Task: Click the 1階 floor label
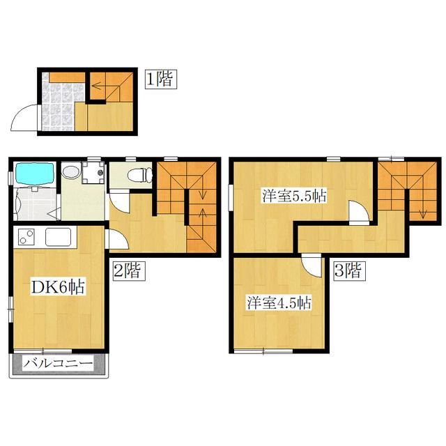pyautogui.click(x=161, y=79)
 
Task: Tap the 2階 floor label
pyautogui.click(x=129, y=271)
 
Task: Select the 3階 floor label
pyautogui.click(x=350, y=271)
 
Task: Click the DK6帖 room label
pyautogui.click(x=58, y=287)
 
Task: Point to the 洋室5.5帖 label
pyautogui.click(x=294, y=196)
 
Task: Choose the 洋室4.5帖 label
pyautogui.click(x=279, y=302)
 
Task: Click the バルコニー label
pyautogui.click(x=58, y=364)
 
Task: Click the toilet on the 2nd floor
pyautogui.click(x=140, y=175)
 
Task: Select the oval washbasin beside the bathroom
pyautogui.click(x=70, y=172)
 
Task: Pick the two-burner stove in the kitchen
pyautogui.click(x=26, y=237)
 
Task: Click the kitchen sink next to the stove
pyautogui.click(x=59, y=237)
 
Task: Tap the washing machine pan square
pyautogui.click(x=93, y=172)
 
